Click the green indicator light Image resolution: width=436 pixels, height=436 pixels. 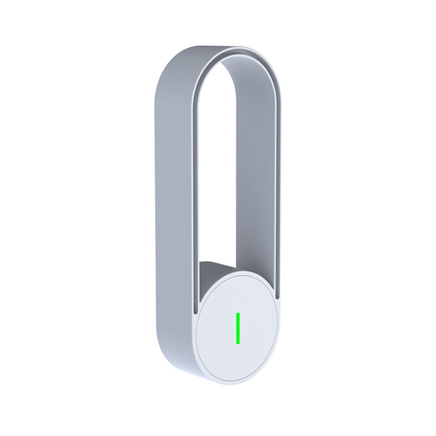click(x=238, y=328)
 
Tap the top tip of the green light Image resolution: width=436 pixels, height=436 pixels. click(x=238, y=313)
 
